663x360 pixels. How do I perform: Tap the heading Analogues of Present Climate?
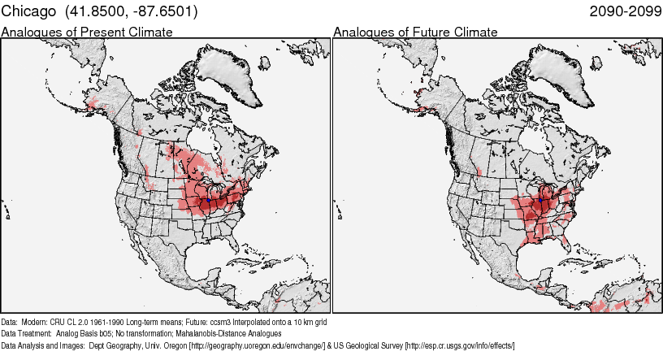[87, 32]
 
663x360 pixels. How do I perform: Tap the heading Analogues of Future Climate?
[415, 32]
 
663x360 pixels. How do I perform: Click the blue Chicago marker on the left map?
[208, 198]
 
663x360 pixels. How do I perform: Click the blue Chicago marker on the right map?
[541, 198]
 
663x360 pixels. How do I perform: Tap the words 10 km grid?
[310, 323]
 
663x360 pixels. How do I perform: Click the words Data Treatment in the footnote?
[25, 334]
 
